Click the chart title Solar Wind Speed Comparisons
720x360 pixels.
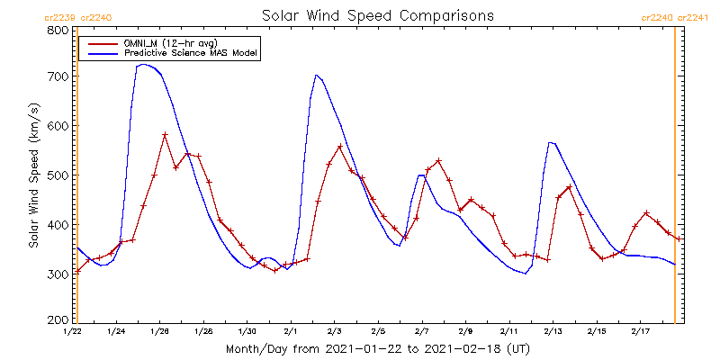coord(377,15)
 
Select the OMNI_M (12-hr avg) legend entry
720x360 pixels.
coord(180,42)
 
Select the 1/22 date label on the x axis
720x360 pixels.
coord(73,332)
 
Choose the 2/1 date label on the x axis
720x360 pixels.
coord(291,332)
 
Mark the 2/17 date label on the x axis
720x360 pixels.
coord(639,332)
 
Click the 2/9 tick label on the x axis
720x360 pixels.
coord(465,332)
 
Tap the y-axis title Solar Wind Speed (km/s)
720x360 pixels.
coord(33,175)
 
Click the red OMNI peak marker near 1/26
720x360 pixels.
coord(166,135)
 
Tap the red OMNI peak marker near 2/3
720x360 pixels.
coord(340,147)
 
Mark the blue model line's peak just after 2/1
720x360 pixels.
coord(316,75)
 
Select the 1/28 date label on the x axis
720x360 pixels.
coord(203,332)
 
